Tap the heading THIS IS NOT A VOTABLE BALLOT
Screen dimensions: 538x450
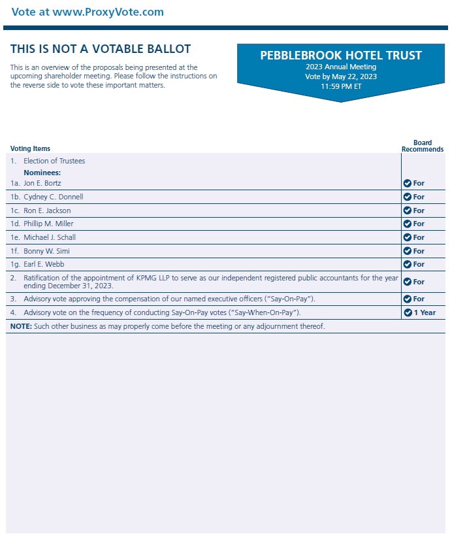click(x=101, y=49)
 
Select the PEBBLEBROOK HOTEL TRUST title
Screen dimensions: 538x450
click(x=341, y=56)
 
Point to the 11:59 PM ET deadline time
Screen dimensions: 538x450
click(x=341, y=86)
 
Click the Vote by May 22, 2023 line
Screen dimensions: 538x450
click(x=341, y=76)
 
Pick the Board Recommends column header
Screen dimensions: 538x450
click(x=422, y=146)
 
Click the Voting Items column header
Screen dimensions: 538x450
click(x=30, y=149)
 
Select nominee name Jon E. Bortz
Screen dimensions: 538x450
click(x=42, y=183)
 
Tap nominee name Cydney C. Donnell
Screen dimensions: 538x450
click(x=53, y=197)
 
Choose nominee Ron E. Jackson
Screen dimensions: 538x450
click(x=47, y=210)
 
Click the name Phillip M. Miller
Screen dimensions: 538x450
click(x=48, y=224)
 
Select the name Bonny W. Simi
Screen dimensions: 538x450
click(x=46, y=251)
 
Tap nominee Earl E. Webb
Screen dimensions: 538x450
click(x=44, y=264)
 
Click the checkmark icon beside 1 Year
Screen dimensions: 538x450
click(x=408, y=312)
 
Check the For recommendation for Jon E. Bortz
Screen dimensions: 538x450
click(x=418, y=183)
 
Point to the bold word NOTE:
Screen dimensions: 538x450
click(x=20, y=326)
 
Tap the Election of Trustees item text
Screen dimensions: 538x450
click(x=54, y=161)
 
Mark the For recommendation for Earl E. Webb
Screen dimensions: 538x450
click(x=418, y=264)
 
